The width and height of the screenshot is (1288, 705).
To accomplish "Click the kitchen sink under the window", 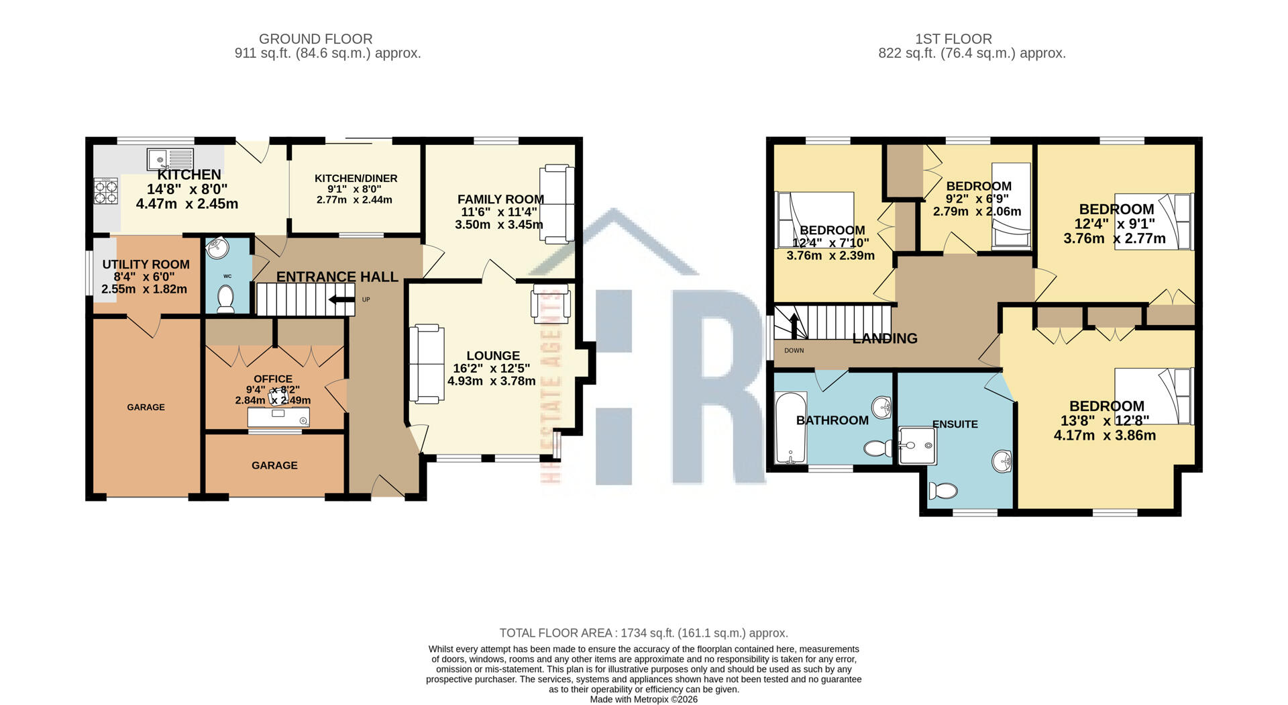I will click(170, 159).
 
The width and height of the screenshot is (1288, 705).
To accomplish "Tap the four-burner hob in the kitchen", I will click(106, 191).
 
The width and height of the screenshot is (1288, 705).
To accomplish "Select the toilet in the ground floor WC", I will click(225, 298).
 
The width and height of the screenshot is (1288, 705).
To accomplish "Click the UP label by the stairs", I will click(366, 299).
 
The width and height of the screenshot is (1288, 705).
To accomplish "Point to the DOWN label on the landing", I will click(794, 350).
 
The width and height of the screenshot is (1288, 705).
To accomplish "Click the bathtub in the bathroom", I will click(790, 428).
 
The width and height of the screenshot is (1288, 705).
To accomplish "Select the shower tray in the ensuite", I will click(916, 445).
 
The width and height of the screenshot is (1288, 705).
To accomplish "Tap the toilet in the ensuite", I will click(943, 491).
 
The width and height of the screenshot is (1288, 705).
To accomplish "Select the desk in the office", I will click(278, 417).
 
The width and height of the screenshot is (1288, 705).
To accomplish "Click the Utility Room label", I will click(146, 265).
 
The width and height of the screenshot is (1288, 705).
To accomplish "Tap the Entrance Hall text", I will click(337, 277).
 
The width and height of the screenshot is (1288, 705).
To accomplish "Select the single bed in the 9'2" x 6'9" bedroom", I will click(1011, 206).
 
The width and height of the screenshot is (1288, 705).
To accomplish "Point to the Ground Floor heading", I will click(315, 39).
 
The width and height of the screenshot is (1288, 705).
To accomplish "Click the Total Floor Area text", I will click(643, 632).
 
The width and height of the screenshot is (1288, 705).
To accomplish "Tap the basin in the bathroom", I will click(882, 407).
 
